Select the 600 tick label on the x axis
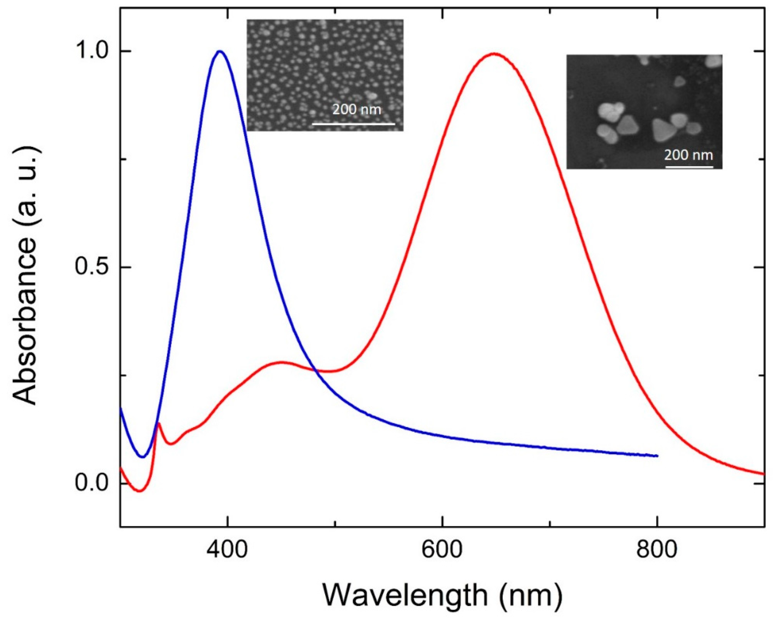(442, 550)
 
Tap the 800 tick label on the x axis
(656, 550)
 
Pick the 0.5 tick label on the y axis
(92, 267)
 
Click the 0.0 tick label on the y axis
(92, 483)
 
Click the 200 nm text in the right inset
(688, 155)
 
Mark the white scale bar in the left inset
(353, 124)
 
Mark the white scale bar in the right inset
(689, 167)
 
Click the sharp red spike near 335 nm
(159, 423)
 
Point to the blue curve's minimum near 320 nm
(143, 457)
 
